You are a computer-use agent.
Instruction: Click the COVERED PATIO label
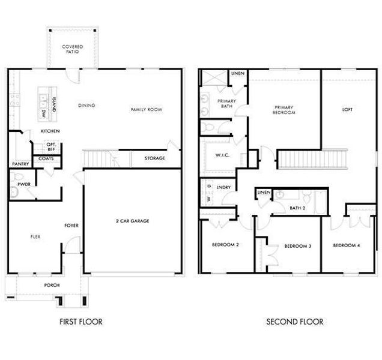tap(72, 49)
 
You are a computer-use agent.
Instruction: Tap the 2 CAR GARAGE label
tap(132, 221)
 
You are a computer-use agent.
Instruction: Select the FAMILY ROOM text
tap(147, 110)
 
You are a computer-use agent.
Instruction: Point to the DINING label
tap(86, 106)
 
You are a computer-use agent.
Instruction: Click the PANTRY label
tap(20, 164)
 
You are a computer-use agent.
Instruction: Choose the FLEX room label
tap(35, 237)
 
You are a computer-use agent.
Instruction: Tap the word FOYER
tap(71, 226)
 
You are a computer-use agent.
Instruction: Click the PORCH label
tap(52, 285)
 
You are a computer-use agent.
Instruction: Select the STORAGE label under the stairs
tap(155, 158)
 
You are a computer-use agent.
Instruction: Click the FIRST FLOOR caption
tap(80, 322)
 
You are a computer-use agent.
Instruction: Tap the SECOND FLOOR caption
tap(294, 322)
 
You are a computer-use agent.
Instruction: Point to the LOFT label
tap(347, 110)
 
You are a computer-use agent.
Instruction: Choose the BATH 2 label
tap(297, 208)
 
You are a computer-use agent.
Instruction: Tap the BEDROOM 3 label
tap(297, 246)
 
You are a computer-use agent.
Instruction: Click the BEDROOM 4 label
tap(346, 245)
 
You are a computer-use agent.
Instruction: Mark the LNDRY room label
tap(223, 187)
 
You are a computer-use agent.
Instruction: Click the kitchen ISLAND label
tap(53, 104)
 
